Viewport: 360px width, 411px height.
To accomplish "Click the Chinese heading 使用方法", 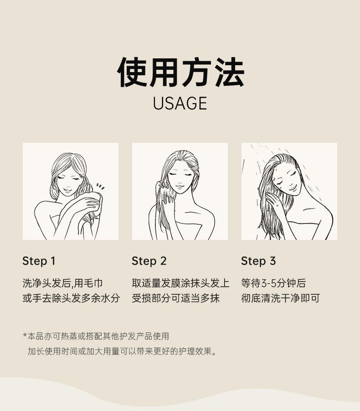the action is click(180, 72).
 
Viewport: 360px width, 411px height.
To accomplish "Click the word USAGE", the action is click(180, 103).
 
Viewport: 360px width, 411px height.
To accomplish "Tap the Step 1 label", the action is click(39, 261).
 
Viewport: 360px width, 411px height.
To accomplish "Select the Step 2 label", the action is click(149, 261).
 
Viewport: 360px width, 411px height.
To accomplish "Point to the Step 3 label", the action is click(258, 261).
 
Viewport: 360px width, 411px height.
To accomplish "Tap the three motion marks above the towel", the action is click(100, 187).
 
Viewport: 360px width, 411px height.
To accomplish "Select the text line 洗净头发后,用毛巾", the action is click(62, 283).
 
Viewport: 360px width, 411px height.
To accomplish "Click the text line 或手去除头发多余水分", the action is click(71, 298).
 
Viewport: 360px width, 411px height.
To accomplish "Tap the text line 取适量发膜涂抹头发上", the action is click(180, 283).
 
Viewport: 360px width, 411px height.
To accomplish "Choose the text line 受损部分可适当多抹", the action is click(176, 298).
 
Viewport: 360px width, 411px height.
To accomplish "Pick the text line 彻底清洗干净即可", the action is click(280, 298).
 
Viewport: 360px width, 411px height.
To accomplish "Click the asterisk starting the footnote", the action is click(25, 335).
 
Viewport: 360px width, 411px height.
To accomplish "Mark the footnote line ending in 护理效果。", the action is click(122, 351).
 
